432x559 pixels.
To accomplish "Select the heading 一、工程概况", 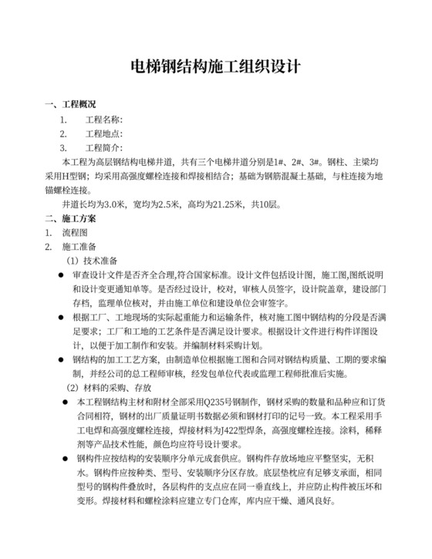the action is [71, 104].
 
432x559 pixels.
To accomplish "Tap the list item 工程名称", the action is [104, 120].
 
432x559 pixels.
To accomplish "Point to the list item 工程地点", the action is [104, 133].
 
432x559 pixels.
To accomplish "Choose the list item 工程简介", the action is [104, 148].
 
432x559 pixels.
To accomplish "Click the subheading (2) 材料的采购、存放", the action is [110, 388].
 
